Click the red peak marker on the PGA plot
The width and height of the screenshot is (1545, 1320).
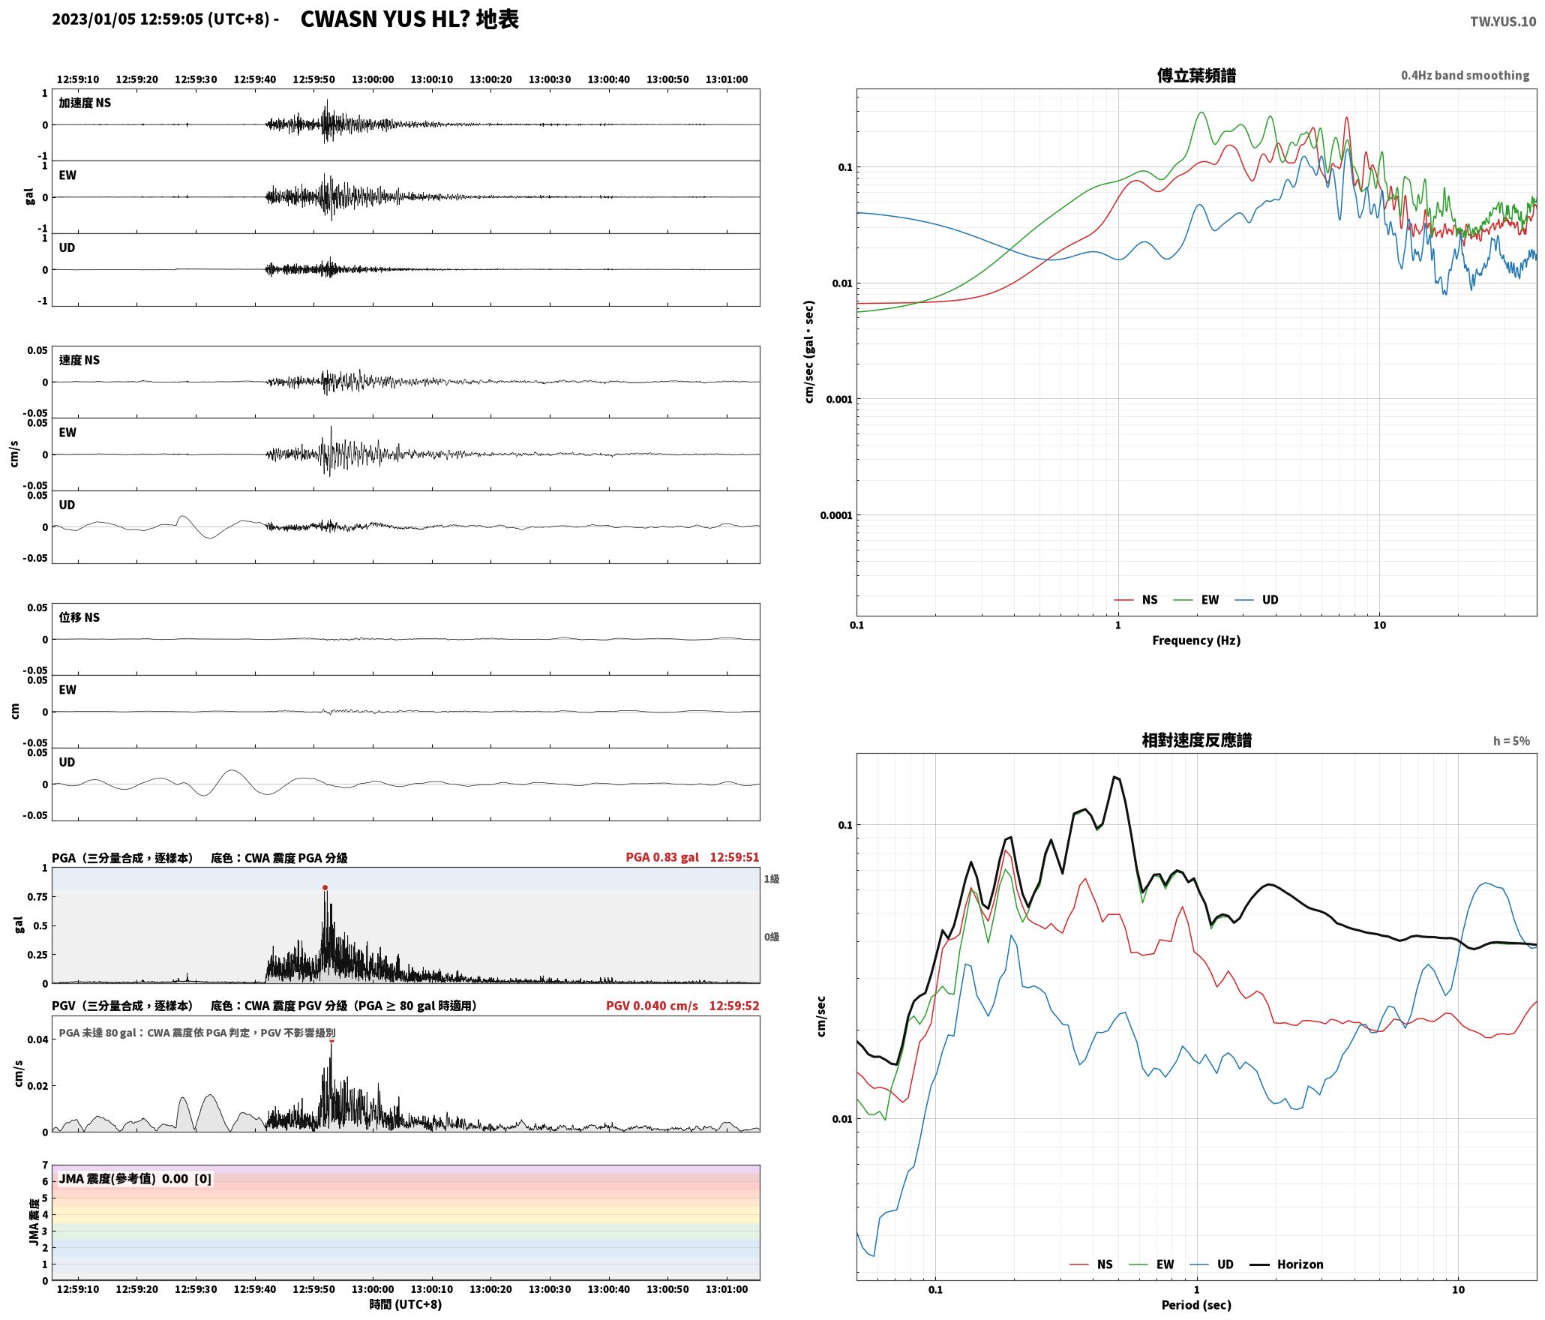pyautogui.click(x=325, y=887)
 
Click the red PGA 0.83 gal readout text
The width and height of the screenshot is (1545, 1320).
pyautogui.click(x=662, y=857)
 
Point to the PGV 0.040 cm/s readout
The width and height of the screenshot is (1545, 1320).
pyautogui.click(x=652, y=1005)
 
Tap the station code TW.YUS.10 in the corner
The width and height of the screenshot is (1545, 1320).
pyautogui.click(x=1503, y=22)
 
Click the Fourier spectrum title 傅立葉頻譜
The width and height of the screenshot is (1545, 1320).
pyautogui.click(x=1196, y=76)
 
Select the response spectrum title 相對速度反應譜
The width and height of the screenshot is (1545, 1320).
pyautogui.click(x=1196, y=740)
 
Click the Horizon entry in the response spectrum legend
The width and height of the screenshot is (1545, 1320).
pyautogui.click(x=1287, y=1264)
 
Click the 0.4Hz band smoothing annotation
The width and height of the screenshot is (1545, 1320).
pyautogui.click(x=1465, y=76)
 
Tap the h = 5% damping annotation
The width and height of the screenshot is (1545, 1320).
pyautogui.click(x=1511, y=741)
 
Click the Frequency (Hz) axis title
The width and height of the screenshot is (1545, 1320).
pyautogui.click(x=1196, y=640)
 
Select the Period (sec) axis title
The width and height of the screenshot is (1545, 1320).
pyautogui.click(x=1196, y=1305)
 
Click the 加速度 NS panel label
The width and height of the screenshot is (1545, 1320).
pyautogui.click(x=85, y=103)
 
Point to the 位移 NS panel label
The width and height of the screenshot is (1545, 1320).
pyautogui.click(x=79, y=617)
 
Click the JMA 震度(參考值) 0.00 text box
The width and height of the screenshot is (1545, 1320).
pyautogui.click(x=135, y=1178)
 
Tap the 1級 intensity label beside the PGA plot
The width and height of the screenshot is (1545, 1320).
pyautogui.click(x=772, y=879)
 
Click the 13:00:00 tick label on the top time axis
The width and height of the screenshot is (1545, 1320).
pyautogui.click(x=373, y=79)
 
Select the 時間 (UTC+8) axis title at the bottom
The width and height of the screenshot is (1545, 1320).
pyautogui.click(x=406, y=1304)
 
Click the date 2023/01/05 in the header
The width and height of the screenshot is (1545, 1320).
pyautogui.click(x=94, y=19)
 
